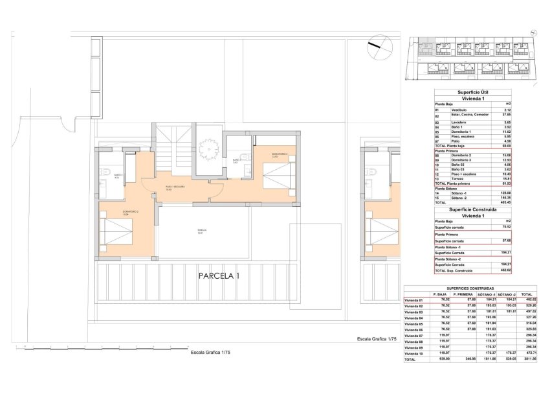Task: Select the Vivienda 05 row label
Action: point(414,323)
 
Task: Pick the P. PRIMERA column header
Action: point(465,294)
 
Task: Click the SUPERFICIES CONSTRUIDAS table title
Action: point(470,287)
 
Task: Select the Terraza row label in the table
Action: point(442,180)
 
